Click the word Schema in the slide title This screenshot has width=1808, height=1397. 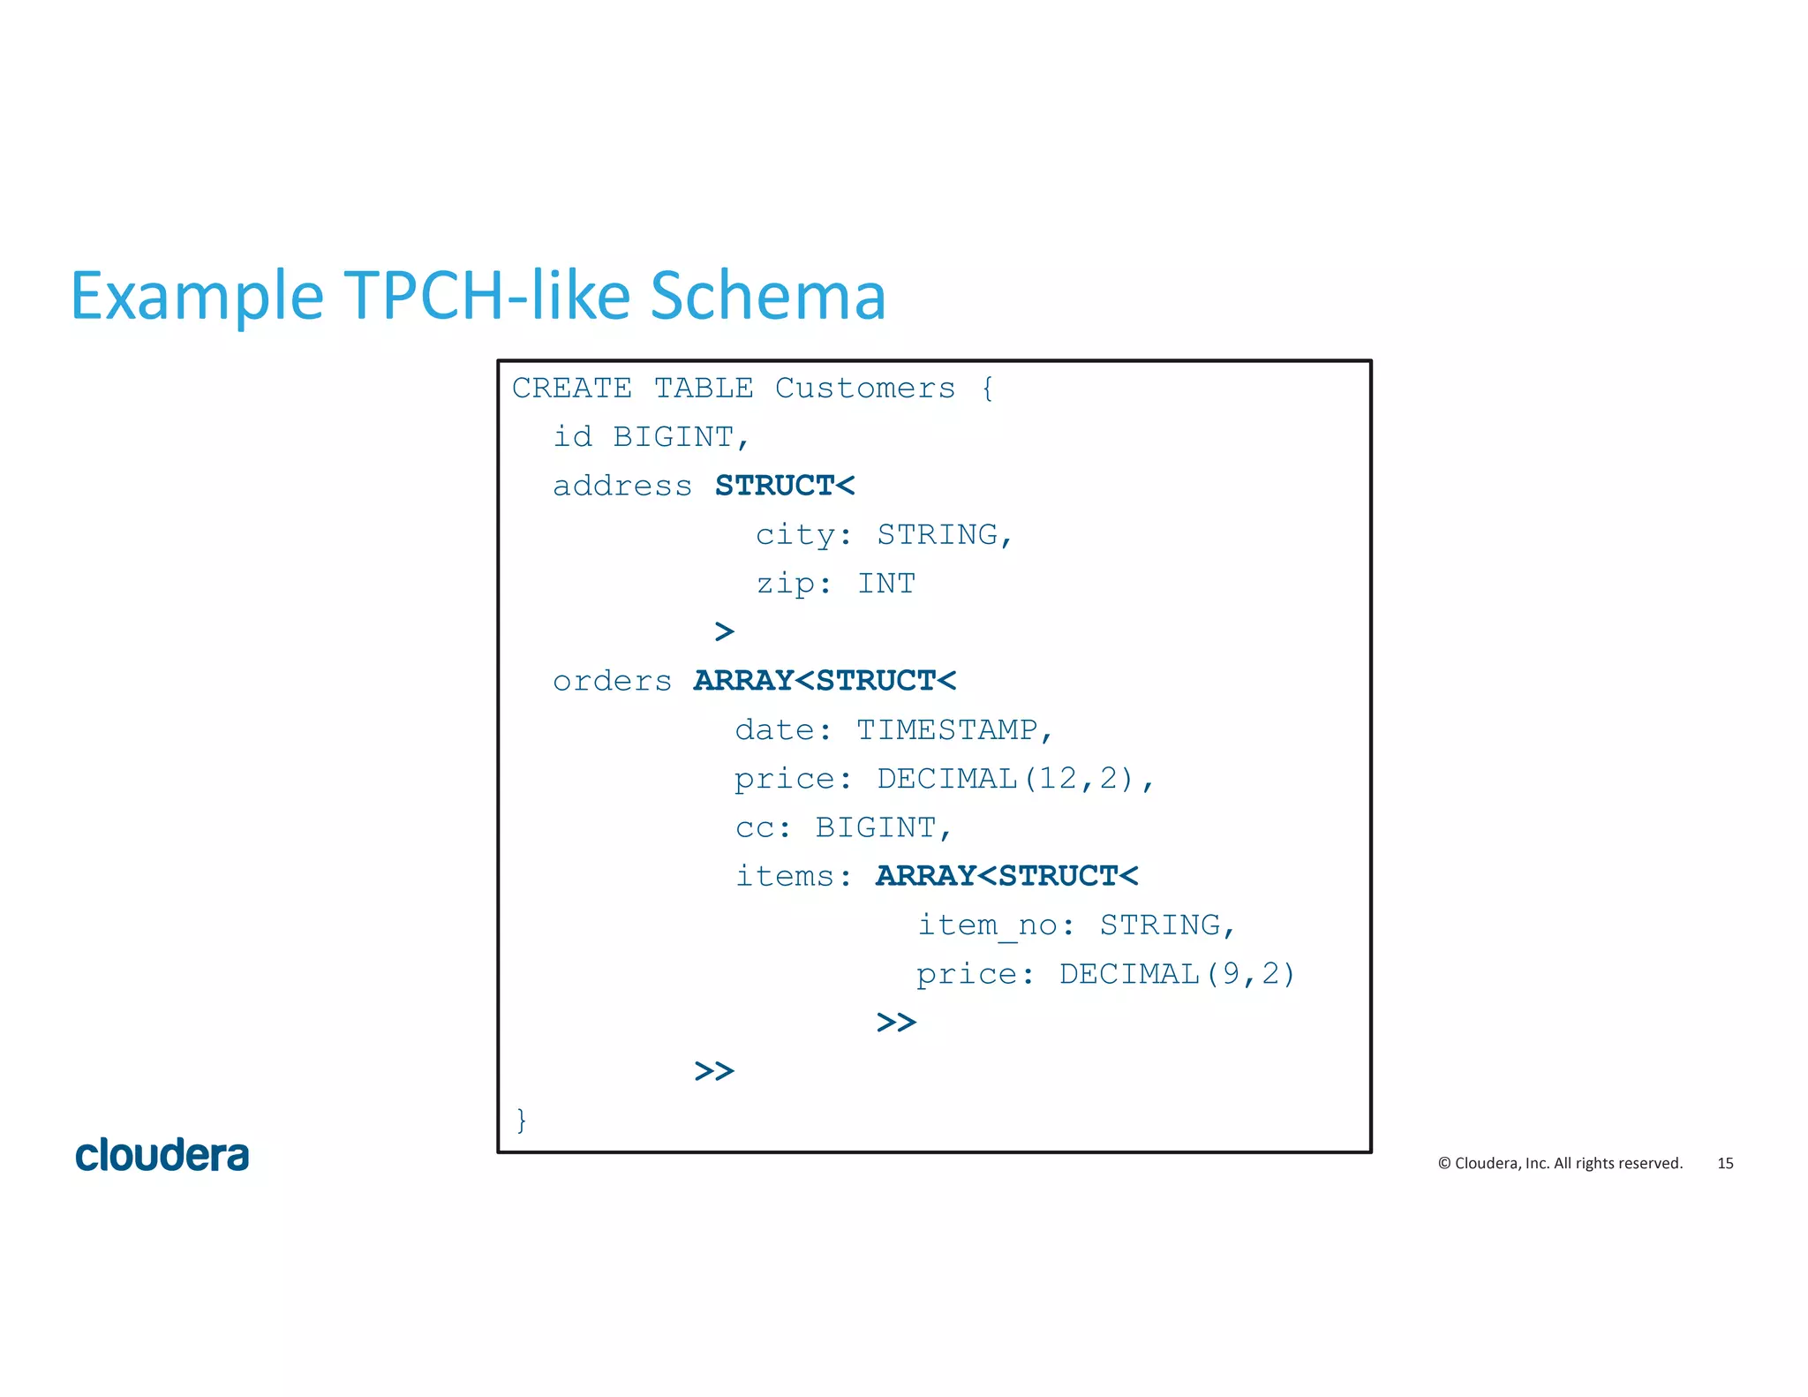coord(767,295)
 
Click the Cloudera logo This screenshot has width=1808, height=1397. coord(162,1155)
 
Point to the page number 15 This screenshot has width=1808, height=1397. coord(1725,1163)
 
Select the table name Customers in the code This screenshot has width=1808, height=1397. coord(864,389)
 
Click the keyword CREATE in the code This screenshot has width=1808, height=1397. coord(571,389)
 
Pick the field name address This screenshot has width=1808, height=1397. coord(621,486)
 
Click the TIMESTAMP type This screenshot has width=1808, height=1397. coord(947,730)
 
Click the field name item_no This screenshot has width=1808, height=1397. coord(987,925)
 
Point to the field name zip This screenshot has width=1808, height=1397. coord(785,584)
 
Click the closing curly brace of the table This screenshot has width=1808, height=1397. coord(522,1120)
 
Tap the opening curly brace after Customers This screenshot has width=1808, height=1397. coord(987,389)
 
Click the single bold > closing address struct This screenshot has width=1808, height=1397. coord(724,631)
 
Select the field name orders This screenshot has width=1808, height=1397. coord(612,681)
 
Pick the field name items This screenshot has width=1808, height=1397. coord(784,876)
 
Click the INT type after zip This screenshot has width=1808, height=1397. coord(886,584)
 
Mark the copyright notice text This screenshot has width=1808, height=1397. coord(1560,1163)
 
